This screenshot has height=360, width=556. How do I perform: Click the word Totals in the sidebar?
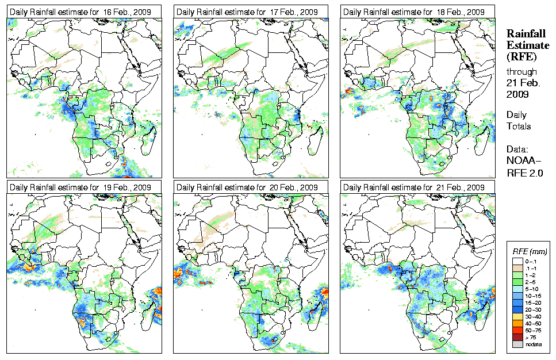click(x=519, y=126)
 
